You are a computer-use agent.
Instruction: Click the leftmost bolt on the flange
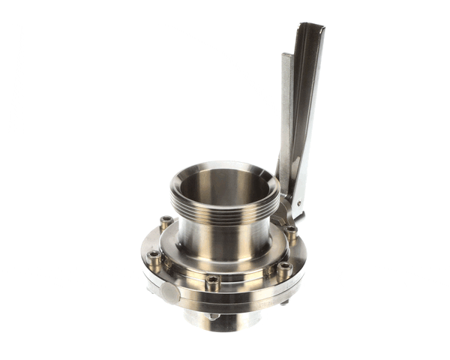pos(154,257)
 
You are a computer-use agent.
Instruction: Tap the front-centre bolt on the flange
pos(212,283)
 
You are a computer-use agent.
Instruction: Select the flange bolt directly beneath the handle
pos(291,232)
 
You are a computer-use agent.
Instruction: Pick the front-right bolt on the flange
pos(283,268)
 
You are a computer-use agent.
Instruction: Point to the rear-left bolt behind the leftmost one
pos(166,223)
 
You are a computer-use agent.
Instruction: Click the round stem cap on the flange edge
pos(171,294)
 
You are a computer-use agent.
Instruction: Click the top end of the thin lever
pos(287,58)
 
